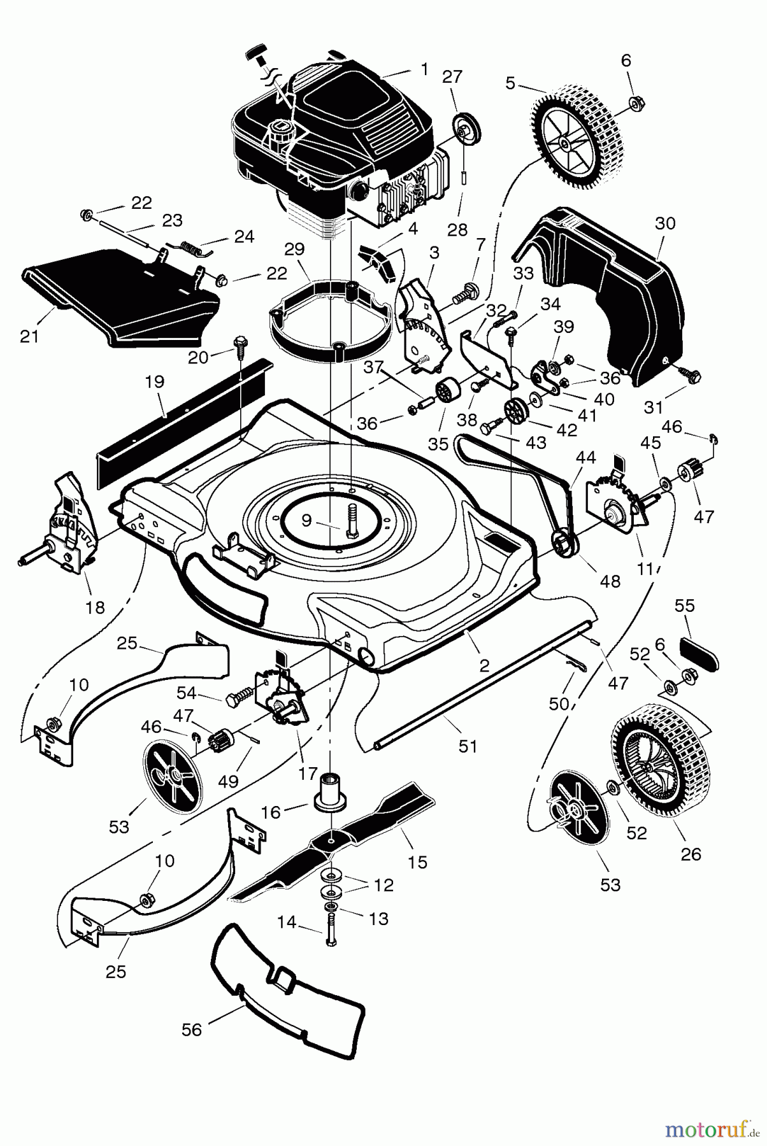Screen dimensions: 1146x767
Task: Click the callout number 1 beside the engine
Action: coord(424,69)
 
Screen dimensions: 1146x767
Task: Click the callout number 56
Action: coord(192,1029)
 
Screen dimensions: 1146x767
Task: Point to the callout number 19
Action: coord(155,382)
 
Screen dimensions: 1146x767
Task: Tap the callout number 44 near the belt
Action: coord(586,456)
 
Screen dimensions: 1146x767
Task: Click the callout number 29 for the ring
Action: coord(295,250)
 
